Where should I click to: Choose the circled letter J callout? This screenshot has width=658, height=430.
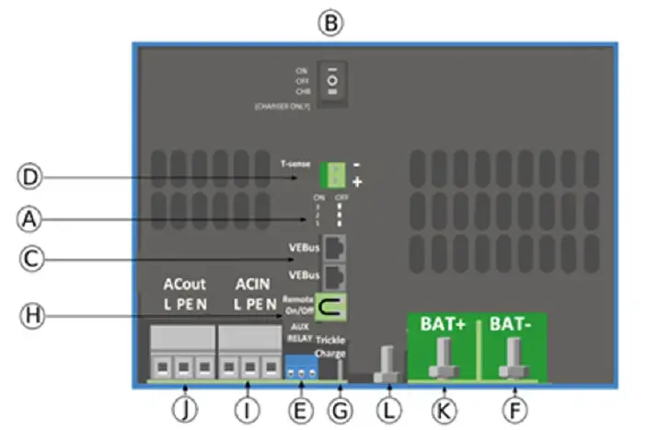click(x=187, y=408)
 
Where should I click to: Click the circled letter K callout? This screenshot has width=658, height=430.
click(x=444, y=408)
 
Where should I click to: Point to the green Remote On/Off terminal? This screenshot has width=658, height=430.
click(x=330, y=305)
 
